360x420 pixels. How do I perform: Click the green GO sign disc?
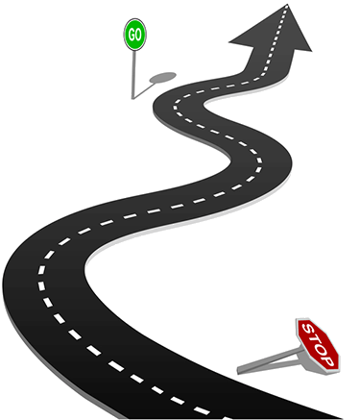[x=135, y=35]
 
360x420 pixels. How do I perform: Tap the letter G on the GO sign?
[x=132, y=35]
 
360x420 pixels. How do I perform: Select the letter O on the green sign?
[x=138, y=35]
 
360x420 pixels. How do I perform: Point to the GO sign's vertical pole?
[x=133, y=75]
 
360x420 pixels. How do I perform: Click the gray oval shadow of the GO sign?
[x=162, y=77]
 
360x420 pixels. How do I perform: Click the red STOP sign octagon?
[x=318, y=345]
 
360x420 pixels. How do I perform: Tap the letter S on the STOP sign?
[x=308, y=329]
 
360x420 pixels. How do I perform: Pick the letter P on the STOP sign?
[x=328, y=361]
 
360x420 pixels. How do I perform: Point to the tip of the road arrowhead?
[x=287, y=5]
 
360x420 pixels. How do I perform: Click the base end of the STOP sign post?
[x=239, y=370]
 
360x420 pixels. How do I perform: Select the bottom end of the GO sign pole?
[x=132, y=98]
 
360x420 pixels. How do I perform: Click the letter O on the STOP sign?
[x=322, y=349]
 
